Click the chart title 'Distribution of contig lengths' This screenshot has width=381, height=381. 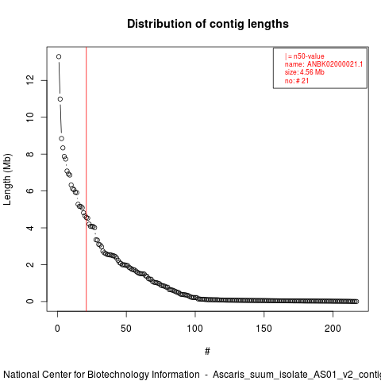click(x=208, y=24)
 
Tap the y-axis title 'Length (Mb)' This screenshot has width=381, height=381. click(x=7, y=179)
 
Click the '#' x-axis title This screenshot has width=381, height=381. click(x=207, y=352)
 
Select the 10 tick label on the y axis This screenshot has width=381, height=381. click(x=30, y=117)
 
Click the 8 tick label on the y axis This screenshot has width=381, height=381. click(x=30, y=154)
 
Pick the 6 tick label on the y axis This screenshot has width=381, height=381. click(x=30, y=190)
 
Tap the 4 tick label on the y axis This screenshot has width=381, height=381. click(x=30, y=228)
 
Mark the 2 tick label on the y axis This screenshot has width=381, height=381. click(x=30, y=264)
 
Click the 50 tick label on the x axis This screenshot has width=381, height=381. click(x=126, y=329)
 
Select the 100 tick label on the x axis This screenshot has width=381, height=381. click(x=195, y=329)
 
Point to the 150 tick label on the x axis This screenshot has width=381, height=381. click(x=264, y=329)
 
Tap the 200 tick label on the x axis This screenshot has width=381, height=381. click(x=333, y=329)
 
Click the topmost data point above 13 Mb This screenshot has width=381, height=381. click(x=59, y=56)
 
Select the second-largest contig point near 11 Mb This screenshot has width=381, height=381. click(x=60, y=99)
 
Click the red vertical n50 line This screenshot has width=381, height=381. click(x=87, y=179)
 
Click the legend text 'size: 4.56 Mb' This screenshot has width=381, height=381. click(x=305, y=72)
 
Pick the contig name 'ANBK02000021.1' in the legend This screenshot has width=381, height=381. click(x=335, y=64)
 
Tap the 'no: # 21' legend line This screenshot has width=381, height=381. click(x=297, y=81)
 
